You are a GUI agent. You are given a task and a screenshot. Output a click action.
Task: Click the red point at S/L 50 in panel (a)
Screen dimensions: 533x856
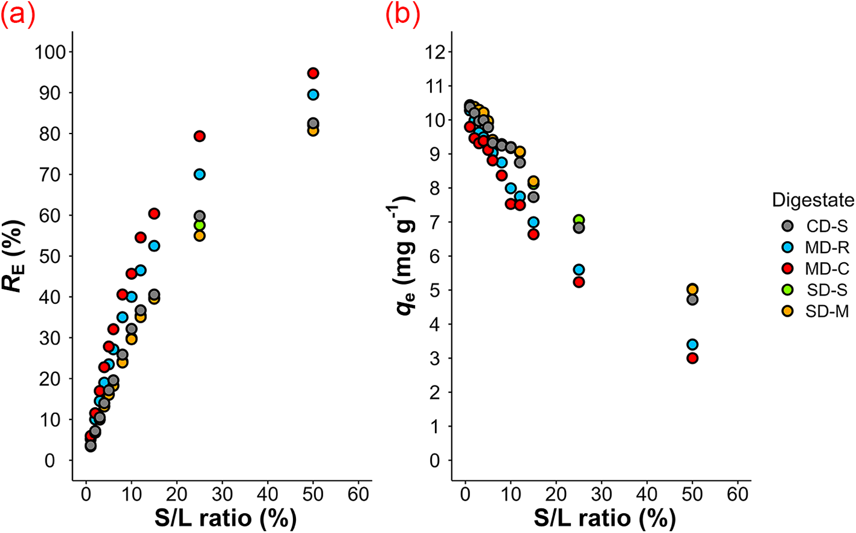pos(313,73)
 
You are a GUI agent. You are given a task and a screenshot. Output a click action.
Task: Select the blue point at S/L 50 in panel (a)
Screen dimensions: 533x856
pos(313,95)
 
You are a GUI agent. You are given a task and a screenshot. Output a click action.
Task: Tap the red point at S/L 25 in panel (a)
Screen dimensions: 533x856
pos(199,136)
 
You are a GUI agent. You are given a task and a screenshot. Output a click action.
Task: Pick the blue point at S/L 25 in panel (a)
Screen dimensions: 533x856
pos(199,175)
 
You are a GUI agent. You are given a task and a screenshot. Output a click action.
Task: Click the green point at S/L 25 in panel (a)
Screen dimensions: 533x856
pos(199,225)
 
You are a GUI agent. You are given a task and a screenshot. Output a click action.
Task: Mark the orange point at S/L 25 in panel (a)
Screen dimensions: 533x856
pos(199,236)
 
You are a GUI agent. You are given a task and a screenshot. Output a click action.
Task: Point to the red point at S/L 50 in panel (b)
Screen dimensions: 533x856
pos(692,358)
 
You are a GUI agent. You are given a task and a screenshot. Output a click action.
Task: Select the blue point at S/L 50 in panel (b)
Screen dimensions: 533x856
pos(692,344)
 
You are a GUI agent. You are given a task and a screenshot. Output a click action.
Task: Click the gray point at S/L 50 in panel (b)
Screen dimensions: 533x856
pos(692,300)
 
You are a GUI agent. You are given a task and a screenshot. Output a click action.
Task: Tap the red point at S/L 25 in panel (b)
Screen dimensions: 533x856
pos(579,282)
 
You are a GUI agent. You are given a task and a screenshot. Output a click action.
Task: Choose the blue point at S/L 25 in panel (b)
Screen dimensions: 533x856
pos(579,270)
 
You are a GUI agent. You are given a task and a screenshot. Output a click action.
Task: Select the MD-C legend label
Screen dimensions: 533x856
pos(827,269)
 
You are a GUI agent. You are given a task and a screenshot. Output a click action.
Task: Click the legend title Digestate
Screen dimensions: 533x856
pos(813,200)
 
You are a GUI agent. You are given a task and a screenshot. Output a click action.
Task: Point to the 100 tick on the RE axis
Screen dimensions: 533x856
pos(50,52)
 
